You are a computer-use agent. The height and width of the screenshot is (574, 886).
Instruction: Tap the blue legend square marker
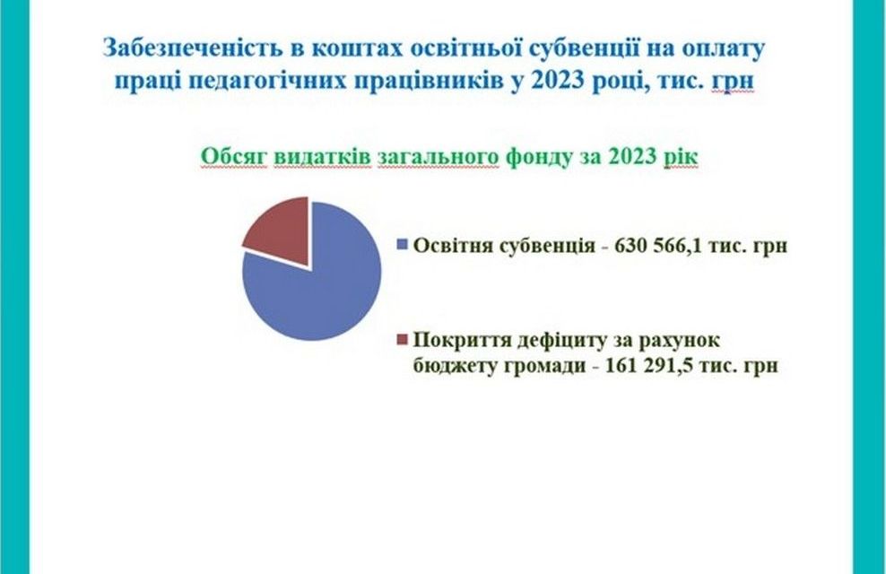pos(403,245)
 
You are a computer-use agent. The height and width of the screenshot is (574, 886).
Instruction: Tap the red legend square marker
pos(403,340)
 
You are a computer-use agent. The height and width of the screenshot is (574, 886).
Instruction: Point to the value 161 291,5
pos(649,365)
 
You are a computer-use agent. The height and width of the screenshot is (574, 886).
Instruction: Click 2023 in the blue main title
pos(557,81)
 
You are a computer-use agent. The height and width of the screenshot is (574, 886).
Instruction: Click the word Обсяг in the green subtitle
pos(233,157)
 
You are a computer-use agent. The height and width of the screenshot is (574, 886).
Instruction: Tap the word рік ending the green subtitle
pos(681,157)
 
